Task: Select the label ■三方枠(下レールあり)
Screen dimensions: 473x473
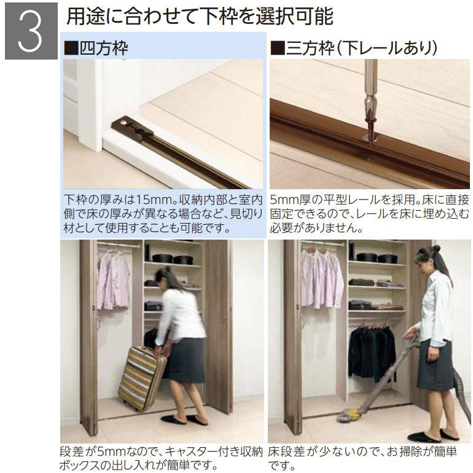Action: click(353, 47)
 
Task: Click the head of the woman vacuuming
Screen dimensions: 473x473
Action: click(428, 256)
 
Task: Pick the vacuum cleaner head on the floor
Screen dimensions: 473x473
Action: click(348, 418)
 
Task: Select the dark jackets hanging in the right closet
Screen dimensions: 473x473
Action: click(372, 350)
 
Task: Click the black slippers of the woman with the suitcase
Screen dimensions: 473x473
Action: click(184, 420)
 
